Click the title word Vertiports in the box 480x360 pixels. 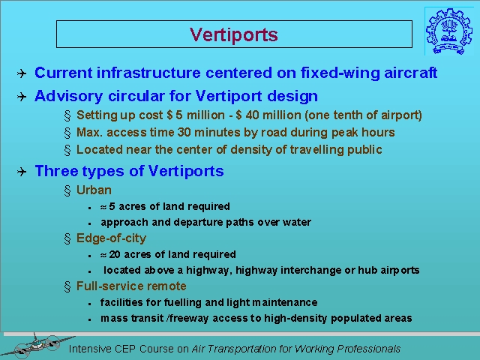pos(233,34)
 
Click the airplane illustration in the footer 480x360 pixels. pos(38,346)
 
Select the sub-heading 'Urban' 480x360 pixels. pos(94,190)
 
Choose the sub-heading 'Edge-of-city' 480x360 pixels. pos(111,238)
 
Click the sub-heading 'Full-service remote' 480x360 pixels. pos(131,286)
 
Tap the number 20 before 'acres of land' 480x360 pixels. pos(115,254)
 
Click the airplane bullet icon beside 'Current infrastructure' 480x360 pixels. pos(22,73)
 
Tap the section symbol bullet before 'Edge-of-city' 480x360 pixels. pos(67,238)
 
